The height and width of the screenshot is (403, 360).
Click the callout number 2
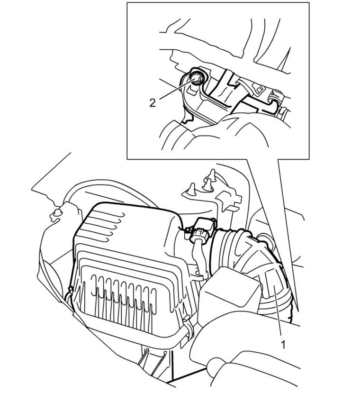coord(152,102)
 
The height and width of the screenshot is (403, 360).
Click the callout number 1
coord(283,345)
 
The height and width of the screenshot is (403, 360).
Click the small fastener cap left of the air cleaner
coord(58,214)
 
